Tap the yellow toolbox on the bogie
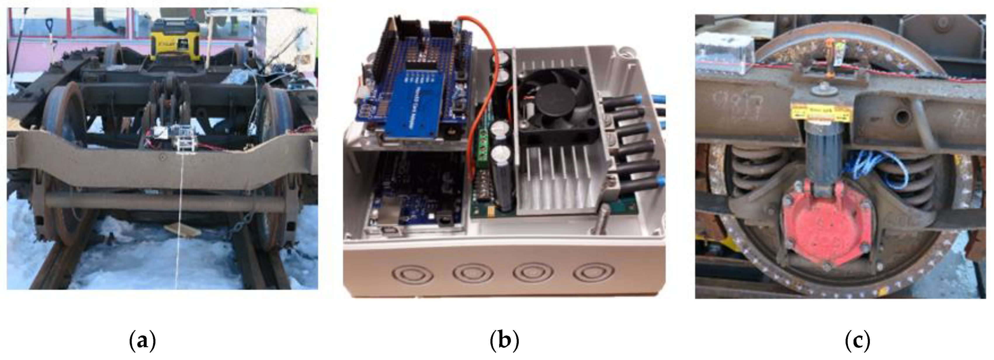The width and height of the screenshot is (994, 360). pyautogui.click(x=176, y=41)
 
